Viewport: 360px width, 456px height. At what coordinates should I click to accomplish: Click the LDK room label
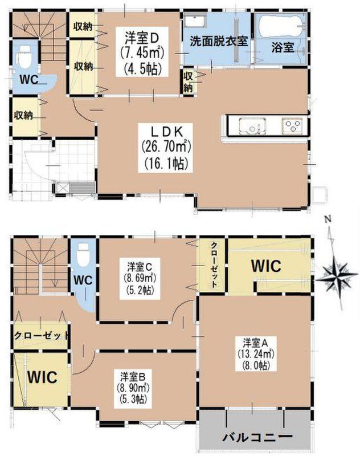(x=166, y=132)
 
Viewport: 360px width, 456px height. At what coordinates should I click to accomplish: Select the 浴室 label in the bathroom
(x=283, y=48)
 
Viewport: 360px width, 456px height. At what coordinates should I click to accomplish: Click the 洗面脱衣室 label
(x=219, y=41)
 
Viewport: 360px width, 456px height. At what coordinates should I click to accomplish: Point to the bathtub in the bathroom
(x=281, y=26)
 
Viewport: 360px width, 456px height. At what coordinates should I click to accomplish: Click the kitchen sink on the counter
(x=252, y=127)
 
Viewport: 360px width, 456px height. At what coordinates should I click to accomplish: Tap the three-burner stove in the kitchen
(x=292, y=125)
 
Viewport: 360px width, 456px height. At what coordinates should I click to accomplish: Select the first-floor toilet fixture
(x=24, y=57)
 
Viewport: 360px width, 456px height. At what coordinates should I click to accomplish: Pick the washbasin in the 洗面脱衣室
(x=195, y=21)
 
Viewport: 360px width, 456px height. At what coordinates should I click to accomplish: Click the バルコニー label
(x=257, y=436)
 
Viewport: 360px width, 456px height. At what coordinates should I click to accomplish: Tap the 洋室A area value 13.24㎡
(x=256, y=354)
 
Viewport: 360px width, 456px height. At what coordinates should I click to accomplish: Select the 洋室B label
(x=133, y=377)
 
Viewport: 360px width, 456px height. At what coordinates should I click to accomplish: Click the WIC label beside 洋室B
(x=42, y=377)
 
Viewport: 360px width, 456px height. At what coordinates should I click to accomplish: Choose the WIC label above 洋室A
(x=266, y=266)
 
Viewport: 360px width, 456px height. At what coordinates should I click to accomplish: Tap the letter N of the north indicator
(x=328, y=219)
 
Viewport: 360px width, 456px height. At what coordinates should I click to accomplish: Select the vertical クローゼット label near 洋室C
(x=214, y=264)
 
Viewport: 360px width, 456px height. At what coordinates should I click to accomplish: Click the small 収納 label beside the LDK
(x=189, y=82)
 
